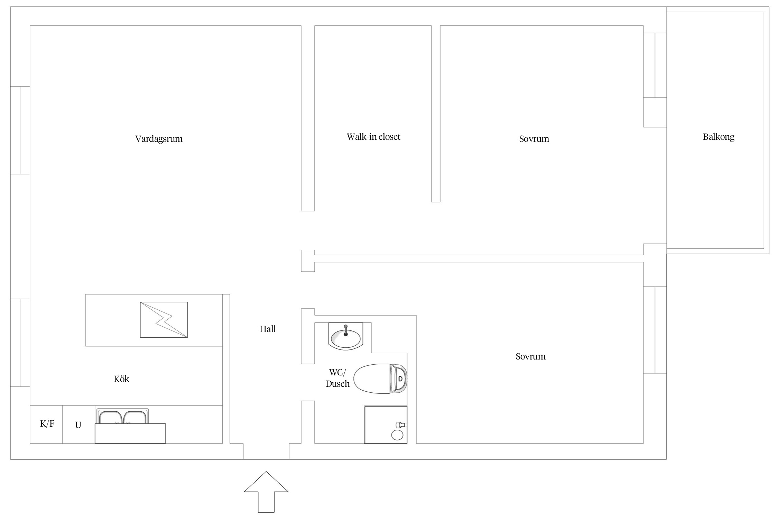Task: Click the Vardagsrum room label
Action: (159, 139)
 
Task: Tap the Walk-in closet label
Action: (373, 137)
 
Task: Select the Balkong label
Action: (719, 137)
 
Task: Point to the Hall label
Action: (268, 329)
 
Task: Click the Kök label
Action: (121, 379)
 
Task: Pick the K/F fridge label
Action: (47, 424)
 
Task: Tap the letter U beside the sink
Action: (78, 425)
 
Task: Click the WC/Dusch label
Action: (337, 378)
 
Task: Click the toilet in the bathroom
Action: (380, 379)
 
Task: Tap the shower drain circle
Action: (397, 435)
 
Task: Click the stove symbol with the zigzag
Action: (164, 320)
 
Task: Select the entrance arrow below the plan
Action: (266, 492)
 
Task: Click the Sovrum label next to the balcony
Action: (534, 139)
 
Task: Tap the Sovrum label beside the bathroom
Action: (530, 357)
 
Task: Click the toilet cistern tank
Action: (399, 379)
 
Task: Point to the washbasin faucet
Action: (345, 330)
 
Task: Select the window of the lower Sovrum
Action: (655, 330)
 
